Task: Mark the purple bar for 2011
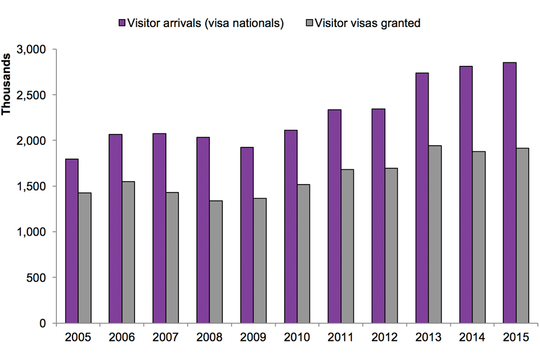pyautogui.click(x=334, y=216)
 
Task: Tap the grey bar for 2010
pyautogui.click(x=303, y=253)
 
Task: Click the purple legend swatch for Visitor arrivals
pyautogui.click(x=121, y=23)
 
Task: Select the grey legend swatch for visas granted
pyautogui.click(x=309, y=23)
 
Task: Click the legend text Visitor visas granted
pyautogui.click(x=368, y=23)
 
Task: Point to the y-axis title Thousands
pyautogui.click(x=8, y=84)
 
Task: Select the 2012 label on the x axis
pyautogui.click(x=385, y=337)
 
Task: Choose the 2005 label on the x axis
pyautogui.click(x=78, y=337)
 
